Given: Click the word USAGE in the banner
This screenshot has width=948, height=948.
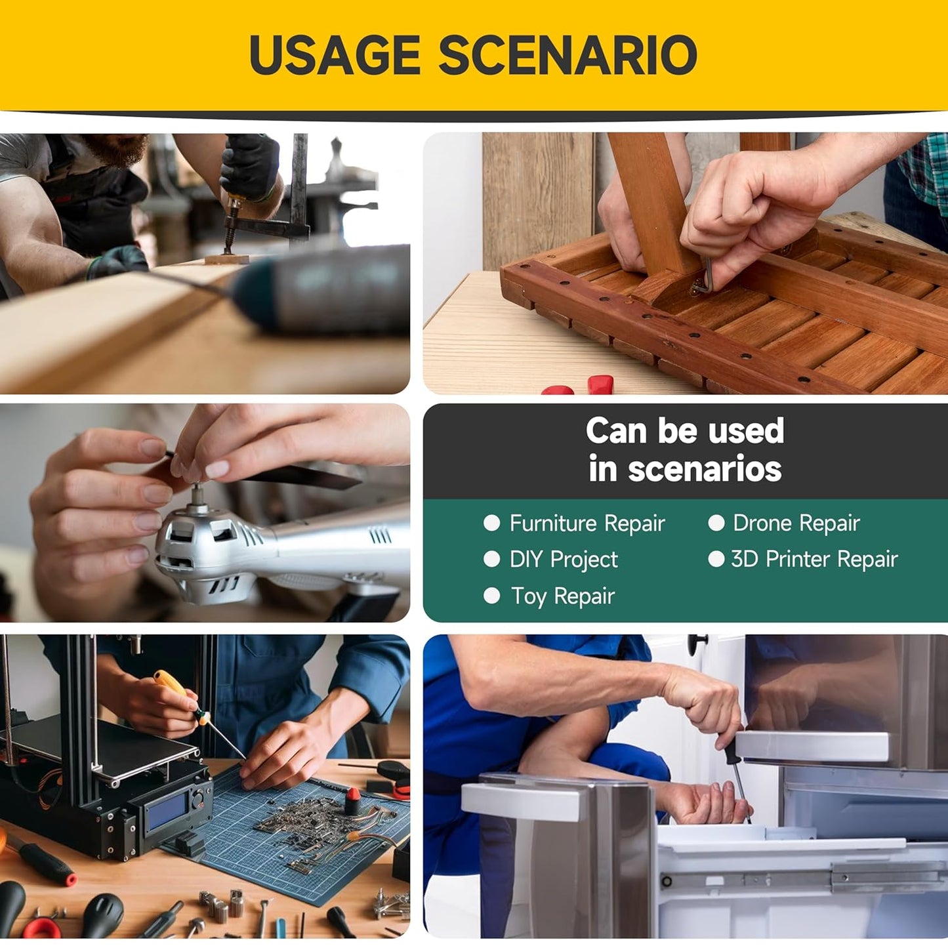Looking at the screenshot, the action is pos(335,54).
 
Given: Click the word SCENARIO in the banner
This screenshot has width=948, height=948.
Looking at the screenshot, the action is pos(567,54).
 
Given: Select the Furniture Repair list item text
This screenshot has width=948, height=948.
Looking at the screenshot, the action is pos(587,524).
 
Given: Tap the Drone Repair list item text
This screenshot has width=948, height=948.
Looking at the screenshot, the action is pos(796,523).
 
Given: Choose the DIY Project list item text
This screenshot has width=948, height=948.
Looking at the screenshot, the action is pos(564,560).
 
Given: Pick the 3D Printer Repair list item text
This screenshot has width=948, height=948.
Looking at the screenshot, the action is pos(815,560).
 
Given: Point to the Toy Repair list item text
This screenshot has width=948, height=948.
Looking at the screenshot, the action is pos(563,597).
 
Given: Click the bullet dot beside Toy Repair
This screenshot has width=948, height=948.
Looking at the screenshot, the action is pos(492,596).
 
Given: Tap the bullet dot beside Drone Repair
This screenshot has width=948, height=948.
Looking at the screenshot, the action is pos(716,522).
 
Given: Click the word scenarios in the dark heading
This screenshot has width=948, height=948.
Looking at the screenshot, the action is pos(705,469).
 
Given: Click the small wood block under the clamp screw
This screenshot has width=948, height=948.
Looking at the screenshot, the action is pos(227,258).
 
